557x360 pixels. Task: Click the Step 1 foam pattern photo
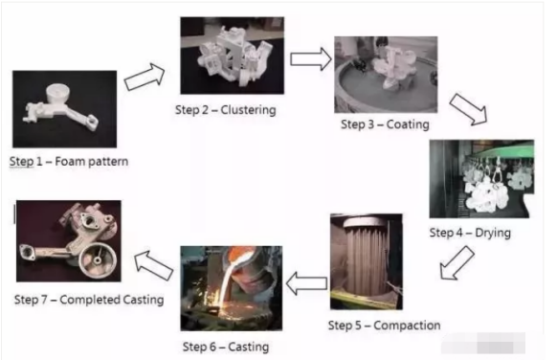65,109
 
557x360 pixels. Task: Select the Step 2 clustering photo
233,56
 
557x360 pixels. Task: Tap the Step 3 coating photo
386,75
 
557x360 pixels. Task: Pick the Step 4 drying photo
481,179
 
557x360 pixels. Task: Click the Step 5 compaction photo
367,261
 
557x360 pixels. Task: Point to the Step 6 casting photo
232,288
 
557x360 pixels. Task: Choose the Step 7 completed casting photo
69,241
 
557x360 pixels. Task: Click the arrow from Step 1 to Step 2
145,77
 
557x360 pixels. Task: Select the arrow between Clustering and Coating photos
311,58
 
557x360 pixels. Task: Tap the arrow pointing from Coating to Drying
468,109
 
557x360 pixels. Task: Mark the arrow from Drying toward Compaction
457,263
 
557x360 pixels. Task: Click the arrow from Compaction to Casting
306,283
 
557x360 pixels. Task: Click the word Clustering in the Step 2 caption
248,110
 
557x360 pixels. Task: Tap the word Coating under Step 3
408,124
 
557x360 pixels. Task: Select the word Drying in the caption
493,233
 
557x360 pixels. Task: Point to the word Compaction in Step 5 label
407,326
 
